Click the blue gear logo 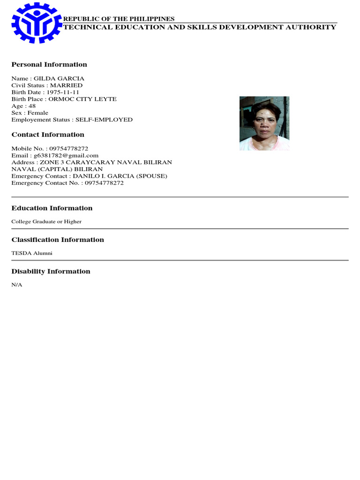pyautogui.click(x=37, y=22)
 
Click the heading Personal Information pyautogui.click(x=49, y=65)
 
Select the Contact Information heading pyautogui.click(x=48, y=135)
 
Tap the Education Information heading pyautogui.click(x=52, y=208)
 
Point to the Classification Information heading pyautogui.click(x=58, y=240)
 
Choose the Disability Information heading pyautogui.click(x=51, y=271)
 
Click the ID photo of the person pyautogui.click(x=264, y=123)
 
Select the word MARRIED pyautogui.click(x=69, y=86)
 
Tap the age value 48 pyautogui.click(x=32, y=106)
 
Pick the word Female pyautogui.click(x=38, y=113)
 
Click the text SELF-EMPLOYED pyautogui.click(x=107, y=120)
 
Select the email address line pyautogui.click(x=55, y=156)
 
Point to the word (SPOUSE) pyautogui.click(x=151, y=176)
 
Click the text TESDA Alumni pyautogui.click(x=32, y=253)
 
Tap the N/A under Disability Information pyautogui.click(x=17, y=285)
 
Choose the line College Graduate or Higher pyautogui.click(x=46, y=222)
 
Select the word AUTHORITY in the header pyautogui.click(x=313, y=27)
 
